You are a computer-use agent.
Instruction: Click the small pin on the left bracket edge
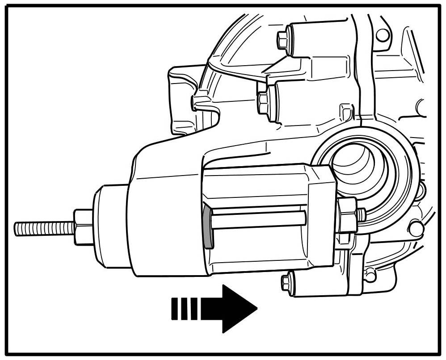pos(195,103)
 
